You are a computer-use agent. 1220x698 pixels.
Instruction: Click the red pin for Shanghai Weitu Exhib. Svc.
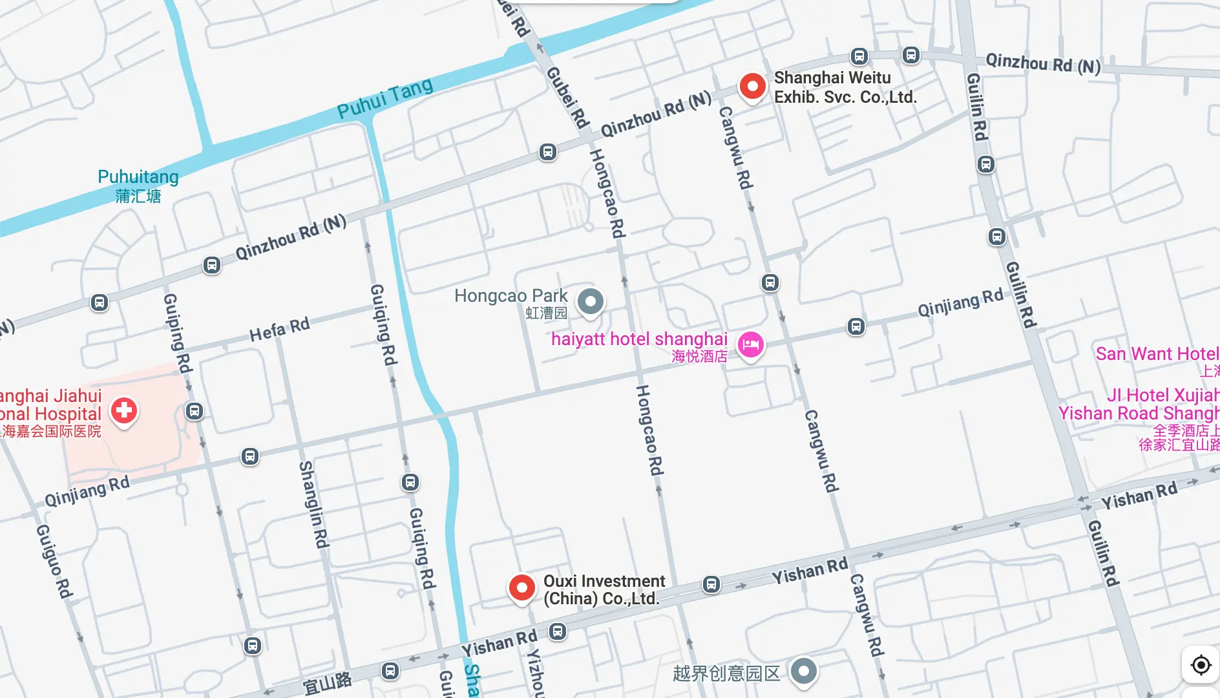752,86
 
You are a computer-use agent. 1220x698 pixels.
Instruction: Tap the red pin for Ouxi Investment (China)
521,587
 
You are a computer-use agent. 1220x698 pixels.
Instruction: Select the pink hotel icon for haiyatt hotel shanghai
750,344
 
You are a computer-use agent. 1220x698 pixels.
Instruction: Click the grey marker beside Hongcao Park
590,301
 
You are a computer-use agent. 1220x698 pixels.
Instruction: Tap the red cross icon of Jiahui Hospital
124,410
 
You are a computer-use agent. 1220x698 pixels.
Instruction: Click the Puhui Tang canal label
385,98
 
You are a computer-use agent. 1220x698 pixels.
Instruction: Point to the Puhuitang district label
138,177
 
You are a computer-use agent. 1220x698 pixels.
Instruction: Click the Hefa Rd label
279,329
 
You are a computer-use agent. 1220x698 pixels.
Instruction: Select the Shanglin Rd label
313,504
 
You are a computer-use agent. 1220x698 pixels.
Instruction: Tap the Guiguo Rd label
54,560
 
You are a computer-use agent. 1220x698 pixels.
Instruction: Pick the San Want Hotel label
1157,354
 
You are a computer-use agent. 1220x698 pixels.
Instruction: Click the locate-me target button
1201,664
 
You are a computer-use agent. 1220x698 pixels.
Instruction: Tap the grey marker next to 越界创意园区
803,671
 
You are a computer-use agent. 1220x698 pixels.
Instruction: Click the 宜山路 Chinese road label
328,682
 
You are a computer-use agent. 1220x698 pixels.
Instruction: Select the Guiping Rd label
178,333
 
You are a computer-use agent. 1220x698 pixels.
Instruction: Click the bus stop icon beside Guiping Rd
195,411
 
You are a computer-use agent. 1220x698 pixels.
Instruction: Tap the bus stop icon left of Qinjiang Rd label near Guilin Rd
856,326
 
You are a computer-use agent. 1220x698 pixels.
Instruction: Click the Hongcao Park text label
510,296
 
